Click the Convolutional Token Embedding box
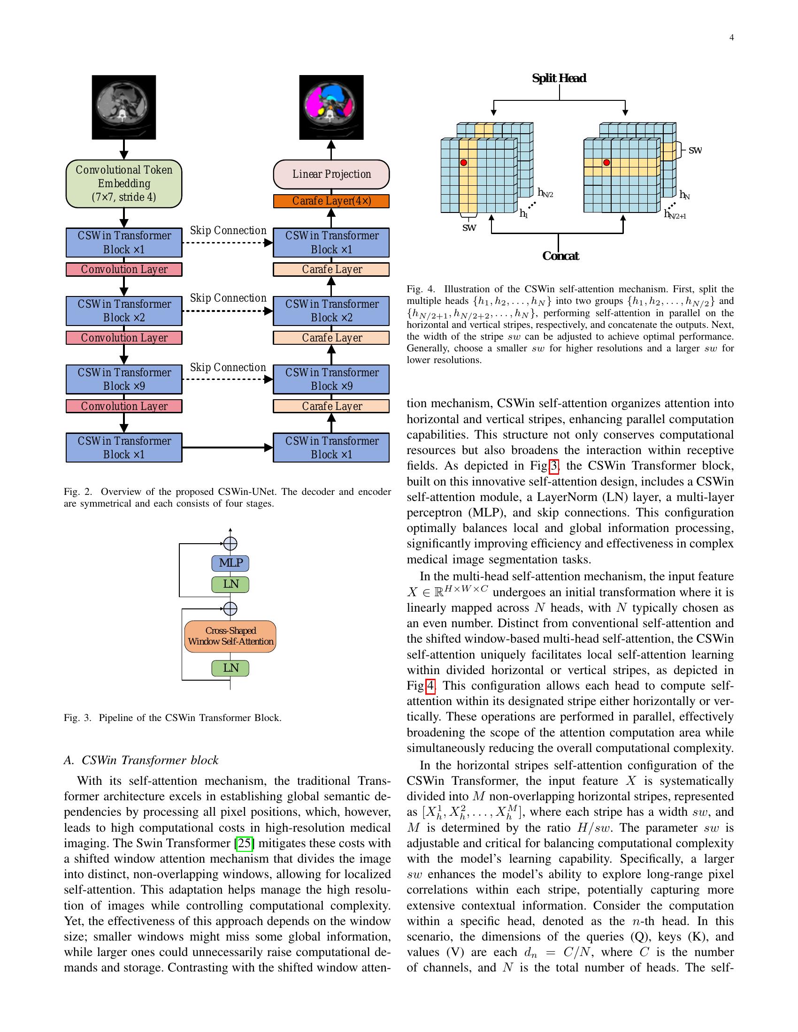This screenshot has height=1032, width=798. click(124, 184)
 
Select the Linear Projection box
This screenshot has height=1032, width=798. click(331, 175)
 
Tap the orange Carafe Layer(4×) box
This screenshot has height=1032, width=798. click(331, 201)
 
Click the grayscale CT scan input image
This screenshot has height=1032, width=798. click(124, 107)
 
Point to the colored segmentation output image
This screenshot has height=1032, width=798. click(331, 107)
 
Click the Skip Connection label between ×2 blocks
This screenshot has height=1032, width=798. click(228, 298)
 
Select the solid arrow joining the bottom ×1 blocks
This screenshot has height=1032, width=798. click(227, 448)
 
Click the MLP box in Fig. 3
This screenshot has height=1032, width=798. click(230, 563)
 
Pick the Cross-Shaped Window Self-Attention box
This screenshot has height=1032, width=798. click(230, 636)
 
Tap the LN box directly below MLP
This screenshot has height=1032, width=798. click(230, 584)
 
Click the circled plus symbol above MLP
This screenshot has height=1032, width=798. click(230, 544)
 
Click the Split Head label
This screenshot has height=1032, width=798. click(559, 78)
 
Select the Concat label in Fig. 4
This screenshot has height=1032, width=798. click(560, 256)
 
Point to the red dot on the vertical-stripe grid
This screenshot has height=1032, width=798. click(464, 163)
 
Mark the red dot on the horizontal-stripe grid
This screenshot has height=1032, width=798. click(606, 163)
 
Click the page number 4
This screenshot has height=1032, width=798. click(731, 38)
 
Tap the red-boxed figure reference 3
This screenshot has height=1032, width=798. click(553, 466)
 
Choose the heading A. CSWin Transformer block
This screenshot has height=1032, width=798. click(141, 760)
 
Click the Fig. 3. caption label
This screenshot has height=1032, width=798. click(77, 718)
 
